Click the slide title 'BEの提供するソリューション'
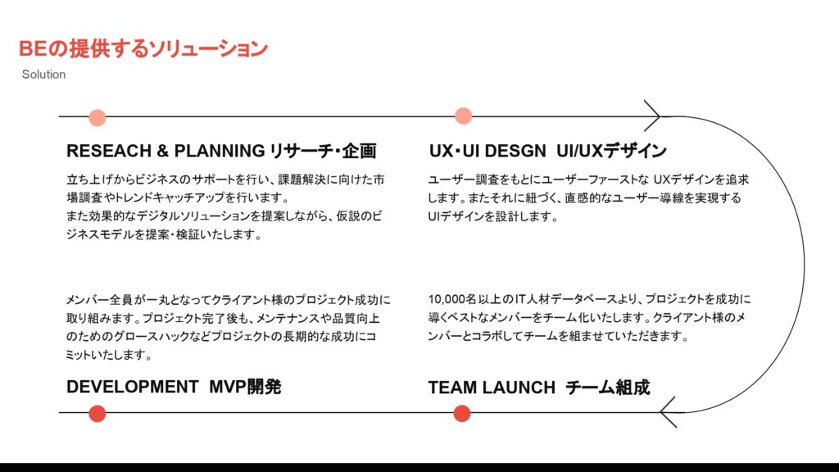coord(143,48)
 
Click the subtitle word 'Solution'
coord(43,75)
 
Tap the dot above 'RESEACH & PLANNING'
coord(98,117)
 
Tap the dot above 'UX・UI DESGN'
coord(463,116)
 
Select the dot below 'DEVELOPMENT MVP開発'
coord(98,414)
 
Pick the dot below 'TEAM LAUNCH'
coord(462,414)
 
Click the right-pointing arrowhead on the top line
coord(654,116)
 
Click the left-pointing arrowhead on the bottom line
coord(668,413)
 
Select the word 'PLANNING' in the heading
coord(220,152)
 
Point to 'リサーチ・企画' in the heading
coord(323,152)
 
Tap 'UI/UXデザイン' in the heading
coord(611,152)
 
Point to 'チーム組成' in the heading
coord(608,388)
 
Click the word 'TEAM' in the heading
coord(452,388)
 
